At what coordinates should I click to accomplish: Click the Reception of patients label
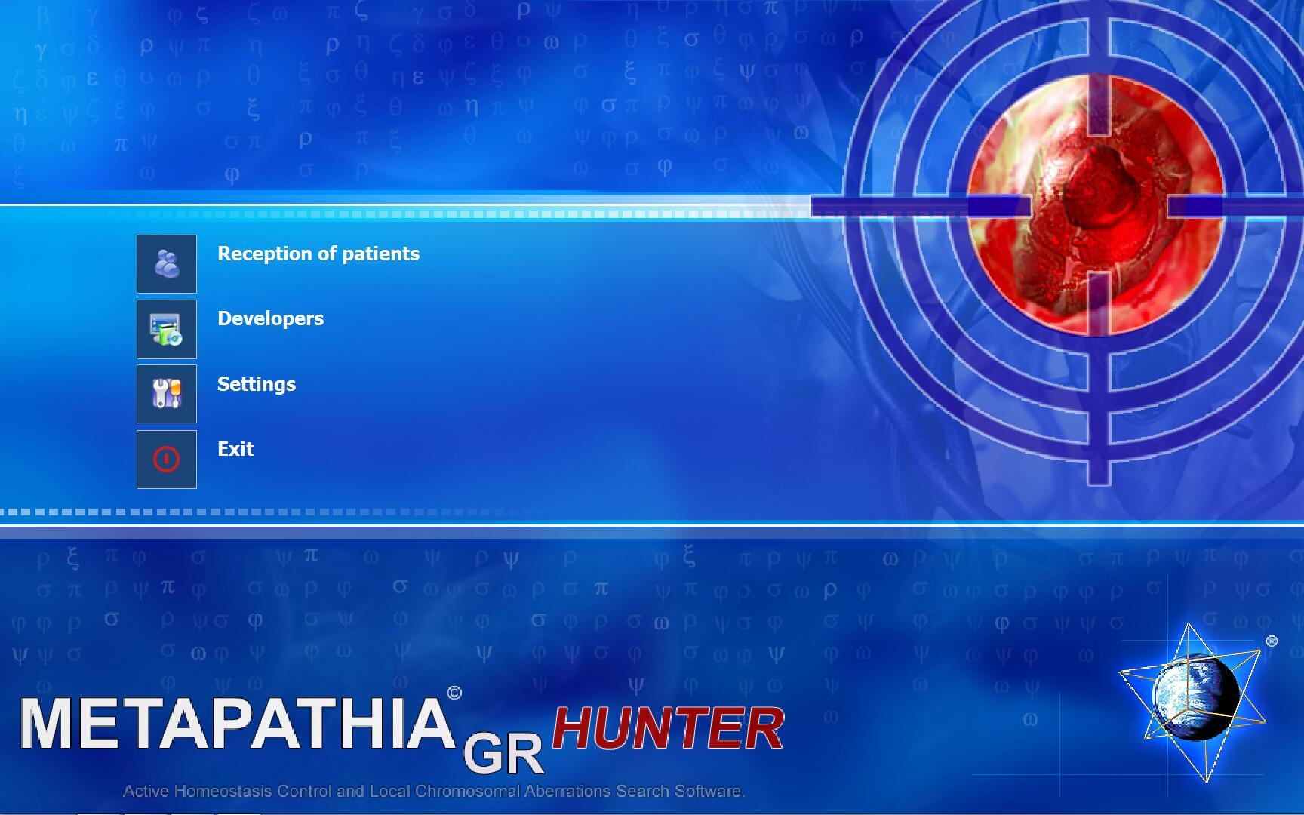point(318,254)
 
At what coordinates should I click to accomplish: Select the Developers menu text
point(270,319)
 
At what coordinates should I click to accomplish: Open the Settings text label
point(257,385)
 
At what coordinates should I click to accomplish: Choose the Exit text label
point(235,449)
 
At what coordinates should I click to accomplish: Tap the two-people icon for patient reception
point(167,264)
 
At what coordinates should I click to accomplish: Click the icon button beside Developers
point(167,329)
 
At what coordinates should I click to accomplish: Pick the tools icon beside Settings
point(167,394)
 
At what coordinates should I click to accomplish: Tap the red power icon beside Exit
point(167,459)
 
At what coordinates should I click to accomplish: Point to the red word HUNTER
point(669,729)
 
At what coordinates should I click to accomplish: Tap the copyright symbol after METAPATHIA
point(454,692)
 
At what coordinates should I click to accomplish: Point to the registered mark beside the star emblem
point(1272,641)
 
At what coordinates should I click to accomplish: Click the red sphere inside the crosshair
point(1096,204)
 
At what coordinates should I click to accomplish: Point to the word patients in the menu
point(380,254)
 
